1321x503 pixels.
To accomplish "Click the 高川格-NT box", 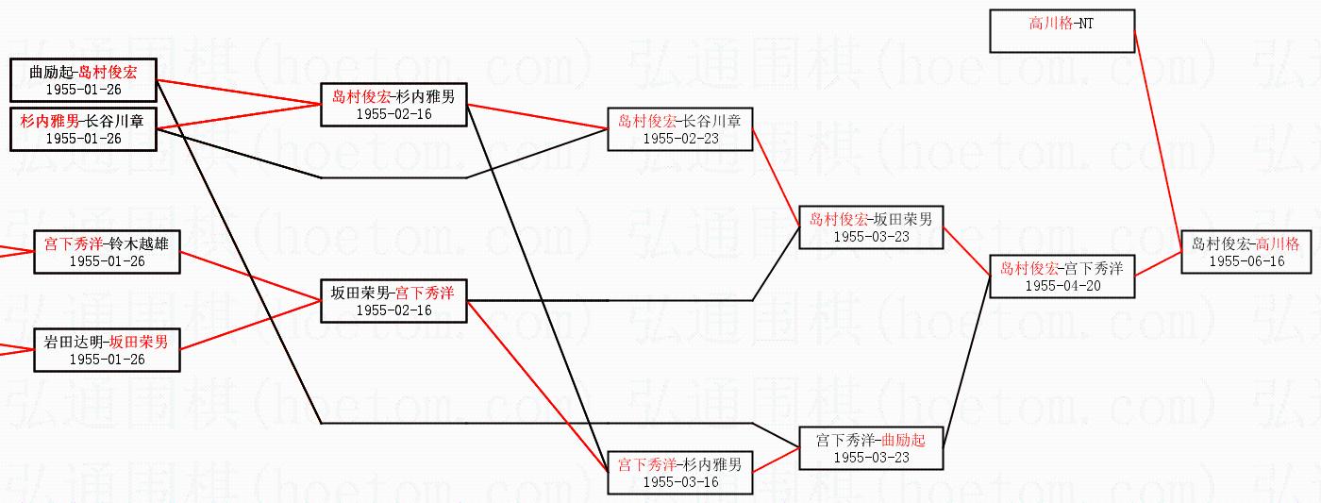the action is click(1061, 31).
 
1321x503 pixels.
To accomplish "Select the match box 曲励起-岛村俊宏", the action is click(83, 80).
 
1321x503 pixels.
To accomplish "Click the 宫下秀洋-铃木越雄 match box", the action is click(107, 252).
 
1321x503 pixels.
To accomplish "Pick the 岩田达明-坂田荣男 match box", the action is click(107, 350).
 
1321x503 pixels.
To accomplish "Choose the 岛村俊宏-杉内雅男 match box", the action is click(393, 104).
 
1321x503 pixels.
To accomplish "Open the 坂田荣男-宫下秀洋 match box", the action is click(393, 301).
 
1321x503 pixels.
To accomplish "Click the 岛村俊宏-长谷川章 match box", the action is click(680, 129).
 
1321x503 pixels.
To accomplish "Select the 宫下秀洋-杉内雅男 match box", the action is click(680, 473).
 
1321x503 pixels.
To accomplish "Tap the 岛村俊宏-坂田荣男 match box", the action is click(871, 227).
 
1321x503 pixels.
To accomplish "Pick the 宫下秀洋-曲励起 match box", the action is click(871, 448).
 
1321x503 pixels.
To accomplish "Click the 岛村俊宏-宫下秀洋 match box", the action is click(1062, 277).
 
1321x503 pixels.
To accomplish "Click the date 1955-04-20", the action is click(1062, 286).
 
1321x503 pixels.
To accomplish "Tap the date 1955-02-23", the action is click(680, 139).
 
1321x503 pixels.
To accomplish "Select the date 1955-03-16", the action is click(680, 482).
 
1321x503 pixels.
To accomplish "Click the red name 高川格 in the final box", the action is click(1278, 243).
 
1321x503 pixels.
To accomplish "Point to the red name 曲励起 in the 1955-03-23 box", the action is click(903, 440).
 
